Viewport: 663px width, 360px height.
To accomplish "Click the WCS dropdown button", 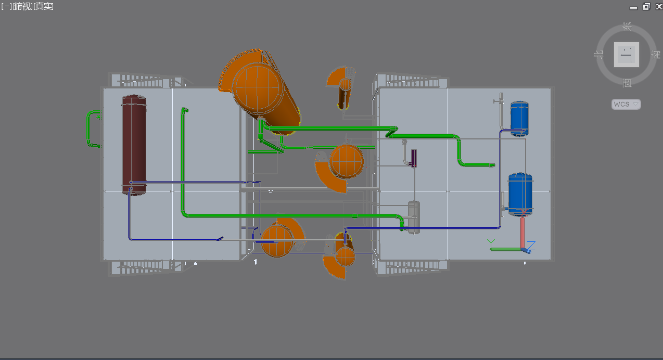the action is [626, 104].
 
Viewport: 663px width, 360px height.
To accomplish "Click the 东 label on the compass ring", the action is [627, 25].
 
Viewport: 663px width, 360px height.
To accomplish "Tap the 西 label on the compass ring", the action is [626, 82].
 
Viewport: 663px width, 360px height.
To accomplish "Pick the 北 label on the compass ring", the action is [598, 54].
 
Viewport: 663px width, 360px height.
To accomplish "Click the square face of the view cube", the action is [626, 54].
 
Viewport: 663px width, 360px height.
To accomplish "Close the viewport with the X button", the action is [658, 7].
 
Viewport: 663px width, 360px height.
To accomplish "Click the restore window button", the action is [646, 7].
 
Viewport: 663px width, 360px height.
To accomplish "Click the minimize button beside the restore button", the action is [633, 7].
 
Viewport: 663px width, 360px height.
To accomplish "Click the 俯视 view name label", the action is [21, 6].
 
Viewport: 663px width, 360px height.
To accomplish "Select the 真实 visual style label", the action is [44, 6].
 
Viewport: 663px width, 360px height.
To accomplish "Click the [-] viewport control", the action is [6, 6].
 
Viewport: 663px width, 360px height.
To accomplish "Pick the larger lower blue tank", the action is [520, 194].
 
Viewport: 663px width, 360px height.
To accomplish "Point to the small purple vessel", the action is [414, 158].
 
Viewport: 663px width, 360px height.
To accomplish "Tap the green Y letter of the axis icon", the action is [490, 242].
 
